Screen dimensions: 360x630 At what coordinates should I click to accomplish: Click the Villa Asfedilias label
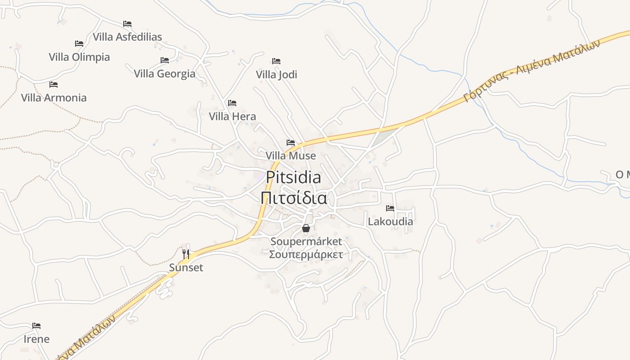pyautogui.click(x=127, y=37)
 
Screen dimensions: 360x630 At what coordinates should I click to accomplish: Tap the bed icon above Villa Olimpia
pyautogui.click(x=79, y=44)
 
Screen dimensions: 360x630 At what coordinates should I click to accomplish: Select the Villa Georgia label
pyautogui.click(x=165, y=74)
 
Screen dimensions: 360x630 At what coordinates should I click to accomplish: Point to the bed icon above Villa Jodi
pyautogui.click(x=276, y=61)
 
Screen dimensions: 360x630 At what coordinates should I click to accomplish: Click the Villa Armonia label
pyautogui.click(x=54, y=98)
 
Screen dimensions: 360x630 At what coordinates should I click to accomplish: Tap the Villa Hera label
pyautogui.click(x=232, y=117)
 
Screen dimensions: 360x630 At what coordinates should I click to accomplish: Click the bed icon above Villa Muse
pyautogui.click(x=291, y=143)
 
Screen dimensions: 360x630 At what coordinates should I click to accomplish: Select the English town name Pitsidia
pyautogui.click(x=293, y=178)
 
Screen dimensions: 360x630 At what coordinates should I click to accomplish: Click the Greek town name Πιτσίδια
pyautogui.click(x=293, y=198)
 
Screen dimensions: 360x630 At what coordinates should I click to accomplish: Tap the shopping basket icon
pyautogui.click(x=306, y=229)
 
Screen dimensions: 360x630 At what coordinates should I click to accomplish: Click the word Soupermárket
pyautogui.click(x=306, y=242)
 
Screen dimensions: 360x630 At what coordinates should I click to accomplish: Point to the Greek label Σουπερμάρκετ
pyautogui.click(x=306, y=255)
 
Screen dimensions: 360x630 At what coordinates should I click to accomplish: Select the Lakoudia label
pyautogui.click(x=390, y=221)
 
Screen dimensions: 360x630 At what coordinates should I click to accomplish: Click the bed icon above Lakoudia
pyautogui.click(x=390, y=208)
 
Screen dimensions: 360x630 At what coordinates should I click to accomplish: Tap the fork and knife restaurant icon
pyautogui.click(x=186, y=254)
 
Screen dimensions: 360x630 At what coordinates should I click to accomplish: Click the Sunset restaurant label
pyautogui.click(x=186, y=268)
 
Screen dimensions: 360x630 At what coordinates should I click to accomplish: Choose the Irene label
pyautogui.click(x=36, y=339)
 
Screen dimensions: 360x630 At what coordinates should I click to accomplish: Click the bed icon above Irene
pyautogui.click(x=36, y=326)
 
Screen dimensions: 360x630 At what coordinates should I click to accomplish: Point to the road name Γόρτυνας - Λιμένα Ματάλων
pyautogui.click(x=533, y=70)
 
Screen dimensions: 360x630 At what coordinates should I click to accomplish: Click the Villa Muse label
pyautogui.click(x=291, y=156)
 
